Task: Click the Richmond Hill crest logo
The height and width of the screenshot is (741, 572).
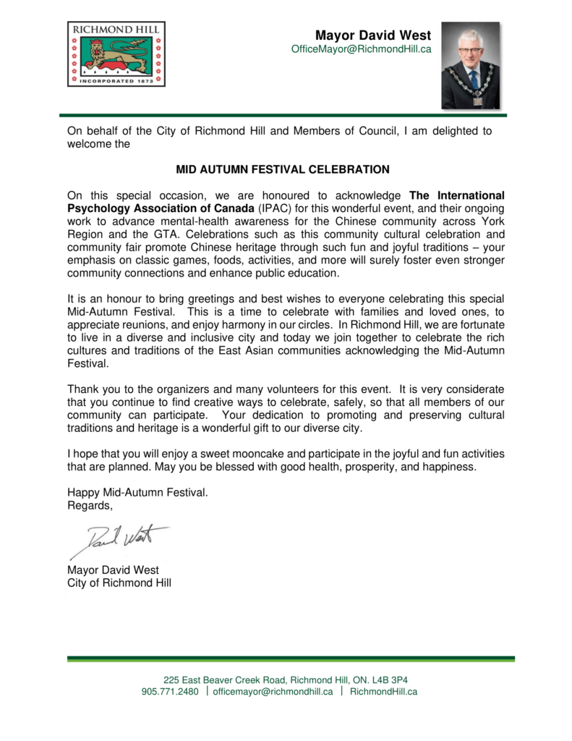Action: tap(116, 54)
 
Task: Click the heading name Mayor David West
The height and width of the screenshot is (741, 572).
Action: tap(373, 35)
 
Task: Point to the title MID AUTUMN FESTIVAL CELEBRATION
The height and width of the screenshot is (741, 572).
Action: tap(283, 169)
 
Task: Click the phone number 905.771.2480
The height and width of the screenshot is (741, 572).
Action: tap(170, 692)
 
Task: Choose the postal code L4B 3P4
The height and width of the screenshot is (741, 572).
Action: tap(395, 680)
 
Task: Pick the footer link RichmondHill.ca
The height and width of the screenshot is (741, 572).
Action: tap(383, 692)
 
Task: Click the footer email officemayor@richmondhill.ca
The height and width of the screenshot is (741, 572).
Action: tap(273, 692)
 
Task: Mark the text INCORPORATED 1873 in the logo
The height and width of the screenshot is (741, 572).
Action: tap(116, 81)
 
